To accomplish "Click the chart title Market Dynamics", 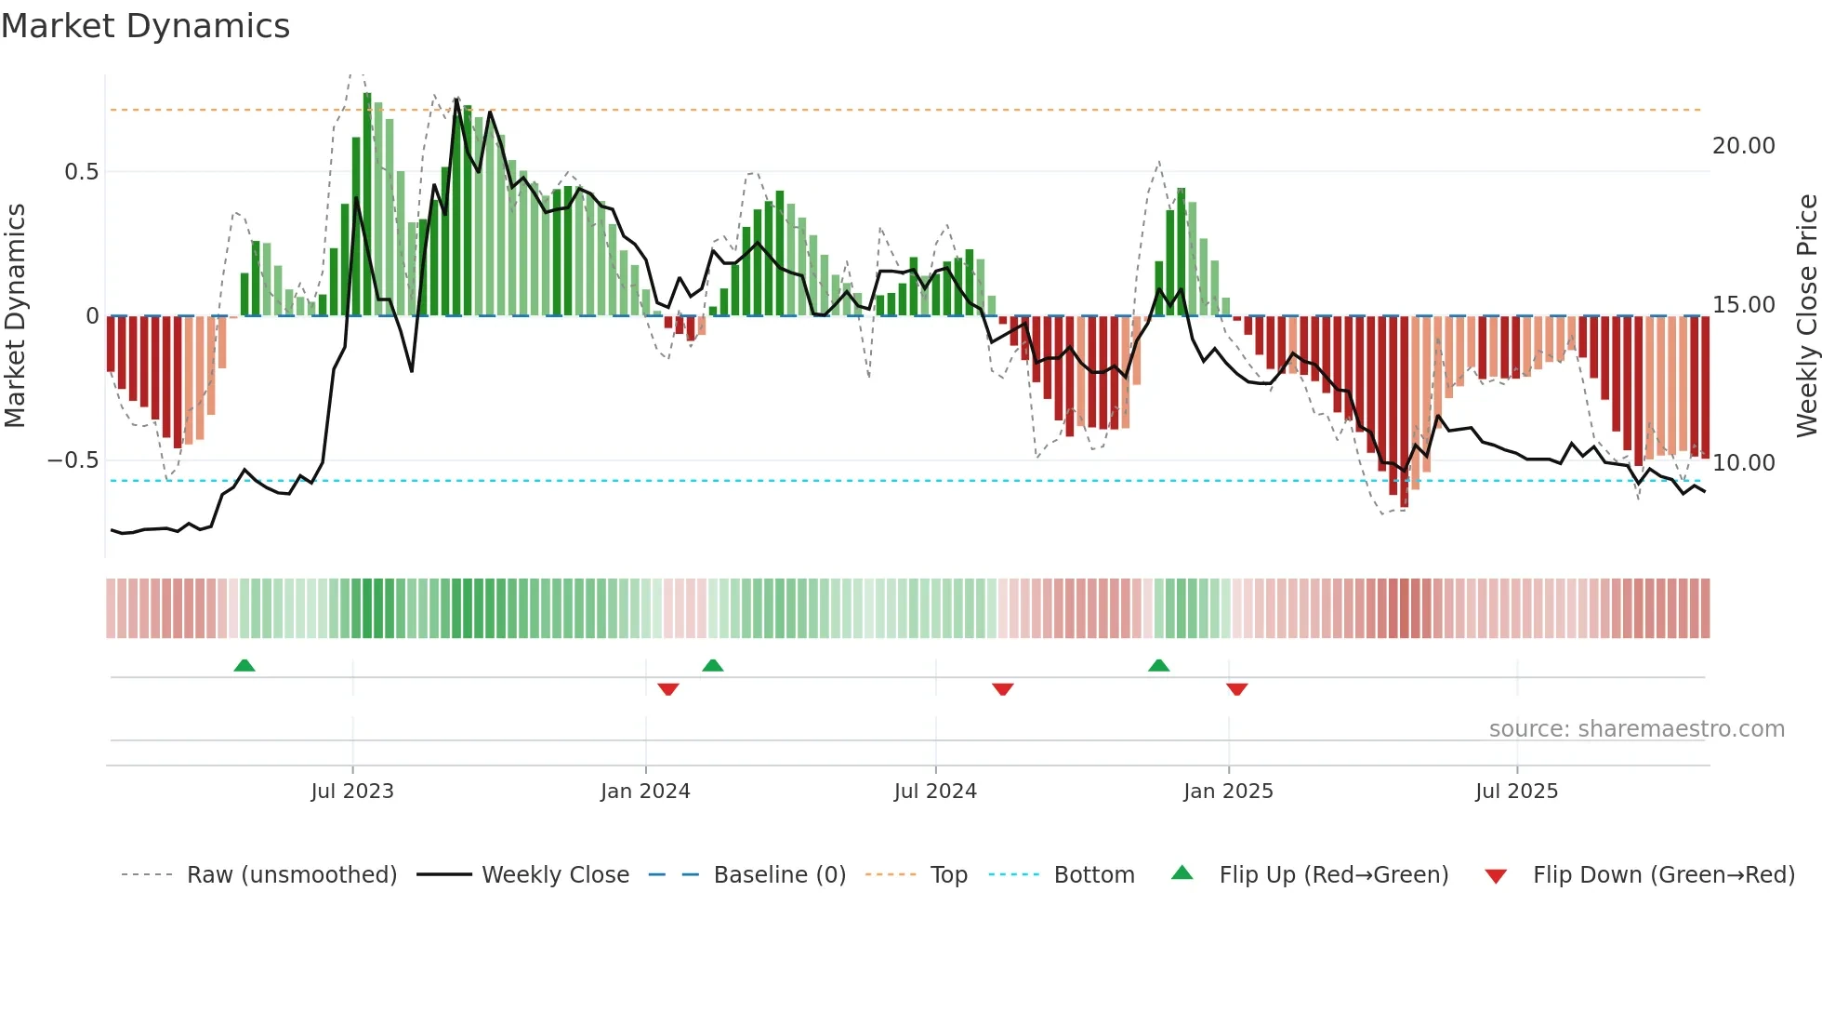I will click(x=145, y=26).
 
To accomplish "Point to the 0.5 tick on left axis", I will click(x=81, y=172).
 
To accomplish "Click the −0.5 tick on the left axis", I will click(x=73, y=460).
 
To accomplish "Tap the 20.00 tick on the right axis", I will click(x=1743, y=146).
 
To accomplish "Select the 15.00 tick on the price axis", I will click(x=1743, y=305).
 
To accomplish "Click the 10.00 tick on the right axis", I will click(x=1743, y=463).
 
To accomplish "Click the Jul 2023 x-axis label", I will click(x=352, y=792).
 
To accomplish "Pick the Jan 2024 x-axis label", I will click(x=645, y=792).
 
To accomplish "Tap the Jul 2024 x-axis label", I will click(x=935, y=792).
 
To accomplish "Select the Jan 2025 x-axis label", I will click(x=1228, y=792).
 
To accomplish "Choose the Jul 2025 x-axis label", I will click(x=1516, y=792).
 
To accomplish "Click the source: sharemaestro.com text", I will click(x=1636, y=729).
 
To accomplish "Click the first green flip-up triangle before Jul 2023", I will click(x=244, y=666).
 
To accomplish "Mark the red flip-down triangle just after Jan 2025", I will click(x=1236, y=689).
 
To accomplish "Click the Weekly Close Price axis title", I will click(x=1806, y=316).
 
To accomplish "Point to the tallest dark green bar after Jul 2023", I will click(x=367, y=205).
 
